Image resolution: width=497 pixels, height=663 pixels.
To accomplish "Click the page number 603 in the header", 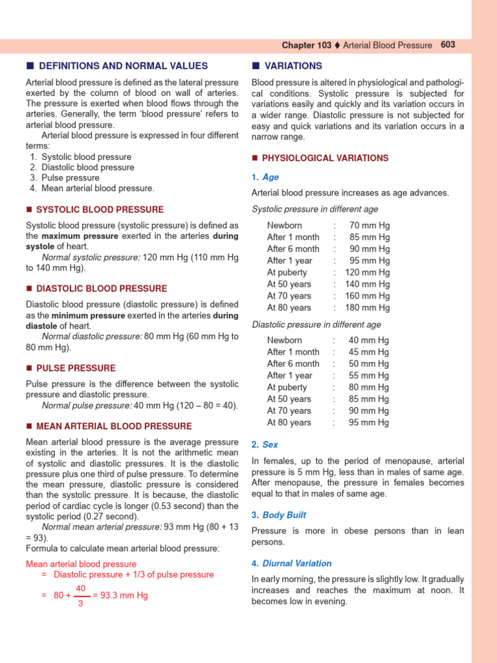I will coord(448,45).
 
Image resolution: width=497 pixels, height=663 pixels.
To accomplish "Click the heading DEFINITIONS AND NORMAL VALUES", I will coord(123,66).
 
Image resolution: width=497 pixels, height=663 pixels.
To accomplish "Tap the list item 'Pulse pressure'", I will coord(70,178).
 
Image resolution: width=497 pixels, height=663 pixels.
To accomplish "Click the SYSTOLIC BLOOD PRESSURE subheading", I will coord(100,210).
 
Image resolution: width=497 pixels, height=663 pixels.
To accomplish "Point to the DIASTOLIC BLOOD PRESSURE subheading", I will coord(102,289).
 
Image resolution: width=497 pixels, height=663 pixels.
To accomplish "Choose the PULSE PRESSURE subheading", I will coord(76,368).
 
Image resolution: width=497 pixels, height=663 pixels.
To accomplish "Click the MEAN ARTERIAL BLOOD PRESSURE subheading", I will coord(114,426).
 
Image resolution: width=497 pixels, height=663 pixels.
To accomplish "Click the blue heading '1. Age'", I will coord(265,177).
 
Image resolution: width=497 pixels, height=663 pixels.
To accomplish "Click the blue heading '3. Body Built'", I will coord(279,515).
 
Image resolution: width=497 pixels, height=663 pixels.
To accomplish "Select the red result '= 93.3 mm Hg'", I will coord(120,596).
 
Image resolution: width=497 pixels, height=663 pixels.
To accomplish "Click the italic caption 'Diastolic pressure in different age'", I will coord(316,324).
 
